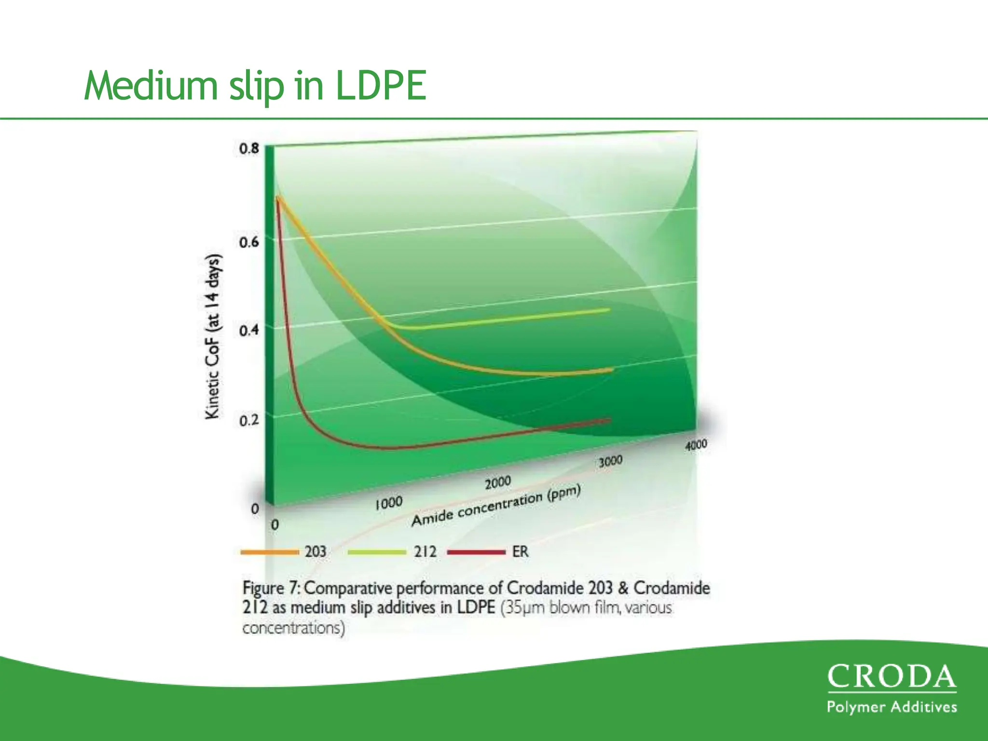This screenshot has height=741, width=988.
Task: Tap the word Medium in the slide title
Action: [x=151, y=86]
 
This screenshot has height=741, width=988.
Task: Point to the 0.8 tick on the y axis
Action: [x=249, y=149]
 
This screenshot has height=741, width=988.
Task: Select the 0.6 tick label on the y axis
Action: [x=249, y=242]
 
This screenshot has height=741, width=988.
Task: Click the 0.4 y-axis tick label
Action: [x=249, y=331]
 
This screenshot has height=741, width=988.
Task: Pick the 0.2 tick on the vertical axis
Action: [x=249, y=421]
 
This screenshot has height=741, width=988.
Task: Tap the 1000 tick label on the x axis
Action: [x=388, y=503]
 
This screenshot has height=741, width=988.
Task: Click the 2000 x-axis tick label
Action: [x=497, y=482]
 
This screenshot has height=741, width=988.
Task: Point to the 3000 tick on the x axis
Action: [x=610, y=461]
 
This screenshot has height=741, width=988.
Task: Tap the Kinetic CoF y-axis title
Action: [x=212, y=337]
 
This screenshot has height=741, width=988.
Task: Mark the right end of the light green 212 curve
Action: [x=609, y=310]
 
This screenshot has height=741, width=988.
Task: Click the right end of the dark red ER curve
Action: [x=610, y=420]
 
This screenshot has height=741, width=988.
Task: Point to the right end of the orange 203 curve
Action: [x=612, y=370]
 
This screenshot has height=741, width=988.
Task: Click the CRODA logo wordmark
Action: [x=892, y=677]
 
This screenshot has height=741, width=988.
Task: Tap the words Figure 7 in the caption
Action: [x=270, y=588]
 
